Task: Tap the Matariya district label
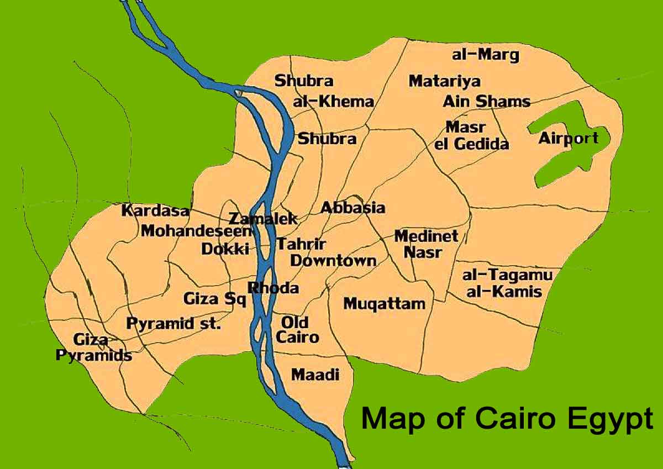[444, 81]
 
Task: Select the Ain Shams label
[486, 102]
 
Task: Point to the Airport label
[568, 138]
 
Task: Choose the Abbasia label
[352, 208]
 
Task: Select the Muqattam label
[385, 303]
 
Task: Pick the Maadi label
[314, 375]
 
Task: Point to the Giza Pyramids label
[94, 347]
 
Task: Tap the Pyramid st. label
[173, 323]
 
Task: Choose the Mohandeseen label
[196, 231]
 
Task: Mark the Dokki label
[224, 249]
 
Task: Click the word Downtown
[333, 260]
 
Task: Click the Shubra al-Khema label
[323, 91]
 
